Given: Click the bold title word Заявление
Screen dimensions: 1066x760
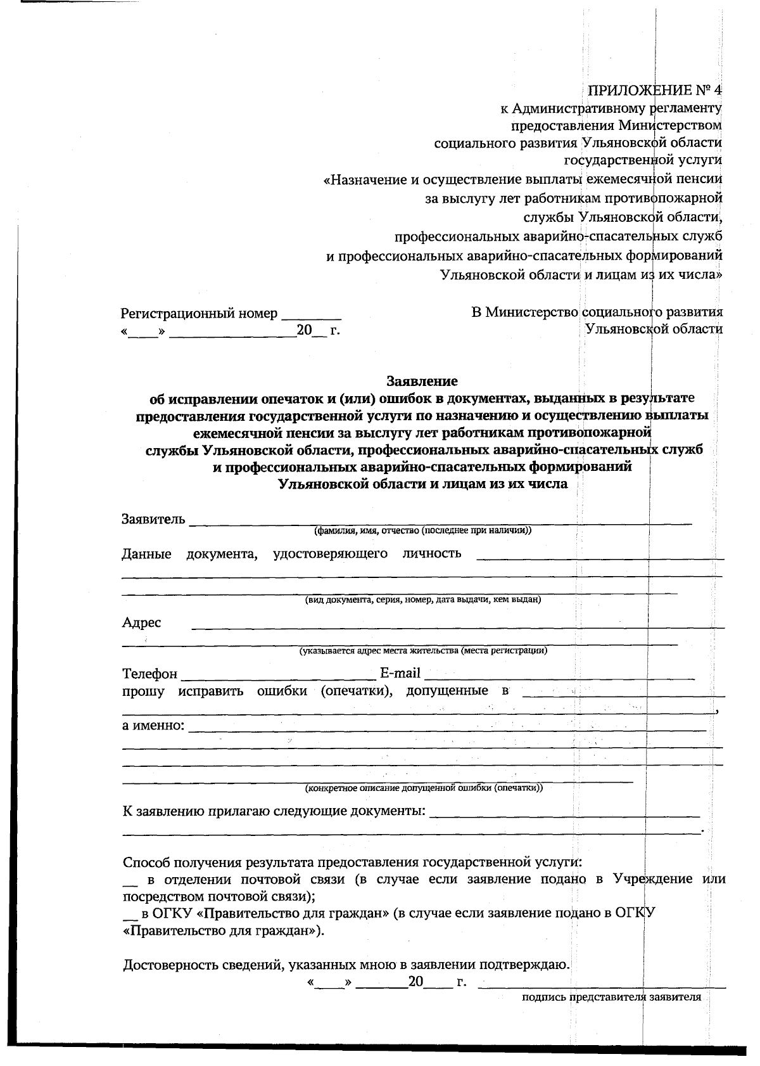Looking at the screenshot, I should pos(422,382).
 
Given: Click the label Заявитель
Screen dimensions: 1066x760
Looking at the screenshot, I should pos(153,520).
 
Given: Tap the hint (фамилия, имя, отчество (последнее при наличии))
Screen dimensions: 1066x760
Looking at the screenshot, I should pos(422,530).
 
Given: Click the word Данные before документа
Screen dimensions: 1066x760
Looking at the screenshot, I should pos(146,554).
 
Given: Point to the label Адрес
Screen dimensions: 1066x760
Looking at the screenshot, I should pos(141,622).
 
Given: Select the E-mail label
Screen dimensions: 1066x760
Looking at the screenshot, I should pos(400,673).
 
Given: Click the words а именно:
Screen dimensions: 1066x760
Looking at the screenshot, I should pos(153,725).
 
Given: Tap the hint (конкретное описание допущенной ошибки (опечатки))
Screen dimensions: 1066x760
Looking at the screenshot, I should pos(424,788).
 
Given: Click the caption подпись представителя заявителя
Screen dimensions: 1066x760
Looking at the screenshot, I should pos(611,997).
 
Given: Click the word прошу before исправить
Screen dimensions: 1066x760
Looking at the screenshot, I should pos(143,691).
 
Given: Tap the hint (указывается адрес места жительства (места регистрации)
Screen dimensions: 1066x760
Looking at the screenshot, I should pos(423,650).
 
